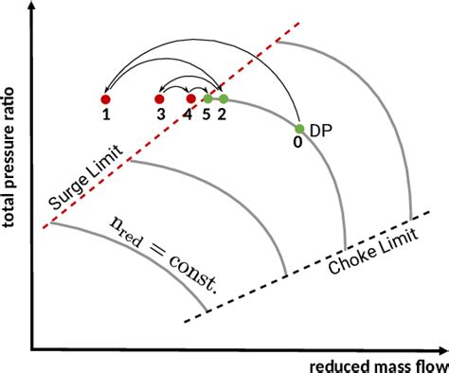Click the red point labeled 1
point(106,98)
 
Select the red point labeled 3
point(159,98)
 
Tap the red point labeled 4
point(190,98)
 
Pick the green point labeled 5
point(207,98)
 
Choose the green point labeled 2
point(224,98)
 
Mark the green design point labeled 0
point(298,129)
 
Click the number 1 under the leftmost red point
point(106,115)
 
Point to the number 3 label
point(162,115)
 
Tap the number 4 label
point(189,115)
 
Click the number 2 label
point(222,115)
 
